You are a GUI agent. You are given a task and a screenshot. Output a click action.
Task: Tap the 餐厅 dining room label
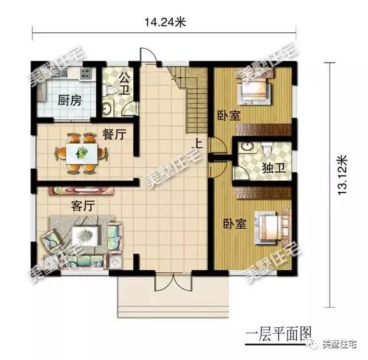tap(114, 135)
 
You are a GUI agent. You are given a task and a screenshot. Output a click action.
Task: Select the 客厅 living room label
tap(84, 205)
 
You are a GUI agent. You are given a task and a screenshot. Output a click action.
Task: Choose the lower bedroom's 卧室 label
tap(235, 223)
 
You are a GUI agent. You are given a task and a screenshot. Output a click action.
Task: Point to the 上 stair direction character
tap(197, 140)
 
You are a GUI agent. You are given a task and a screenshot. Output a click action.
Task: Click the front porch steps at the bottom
tap(173, 304)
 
